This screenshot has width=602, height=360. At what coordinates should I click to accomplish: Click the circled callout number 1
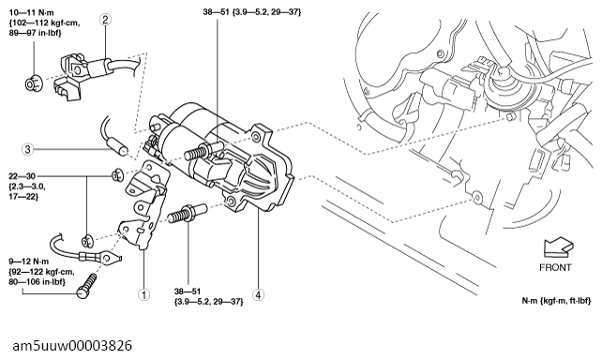[144, 294]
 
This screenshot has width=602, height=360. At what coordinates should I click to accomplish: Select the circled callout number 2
[105, 20]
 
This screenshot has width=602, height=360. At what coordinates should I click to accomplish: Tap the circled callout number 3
[27, 149]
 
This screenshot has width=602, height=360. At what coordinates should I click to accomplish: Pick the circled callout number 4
[258, 294]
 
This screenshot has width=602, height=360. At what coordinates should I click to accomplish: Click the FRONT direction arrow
[558, 247]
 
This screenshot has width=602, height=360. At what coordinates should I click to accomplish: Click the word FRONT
[555, 267]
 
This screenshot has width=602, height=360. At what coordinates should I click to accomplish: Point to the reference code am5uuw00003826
[72, 345]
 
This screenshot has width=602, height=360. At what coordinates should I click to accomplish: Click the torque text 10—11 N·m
[32, 13]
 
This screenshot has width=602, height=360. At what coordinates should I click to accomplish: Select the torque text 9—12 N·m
[29, 262]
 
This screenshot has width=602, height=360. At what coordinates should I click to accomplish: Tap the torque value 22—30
[22, 176]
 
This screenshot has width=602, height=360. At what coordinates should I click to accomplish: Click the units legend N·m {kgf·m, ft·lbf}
[556, 301]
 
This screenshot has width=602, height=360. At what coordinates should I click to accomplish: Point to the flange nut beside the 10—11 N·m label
[34, 83]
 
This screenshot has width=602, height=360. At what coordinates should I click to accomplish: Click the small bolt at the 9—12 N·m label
[86, 285]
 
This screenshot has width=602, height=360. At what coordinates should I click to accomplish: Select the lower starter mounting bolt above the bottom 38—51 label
[188, 214]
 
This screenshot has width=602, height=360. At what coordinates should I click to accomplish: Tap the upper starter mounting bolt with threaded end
[203, 151]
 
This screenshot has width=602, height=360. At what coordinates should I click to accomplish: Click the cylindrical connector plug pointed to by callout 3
[118, 147]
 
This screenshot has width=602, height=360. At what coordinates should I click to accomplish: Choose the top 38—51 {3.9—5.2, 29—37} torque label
[252, 12]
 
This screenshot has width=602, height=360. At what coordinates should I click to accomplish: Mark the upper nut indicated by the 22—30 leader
[117, 175]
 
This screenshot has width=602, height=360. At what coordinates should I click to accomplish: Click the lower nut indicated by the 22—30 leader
[88, 241]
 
